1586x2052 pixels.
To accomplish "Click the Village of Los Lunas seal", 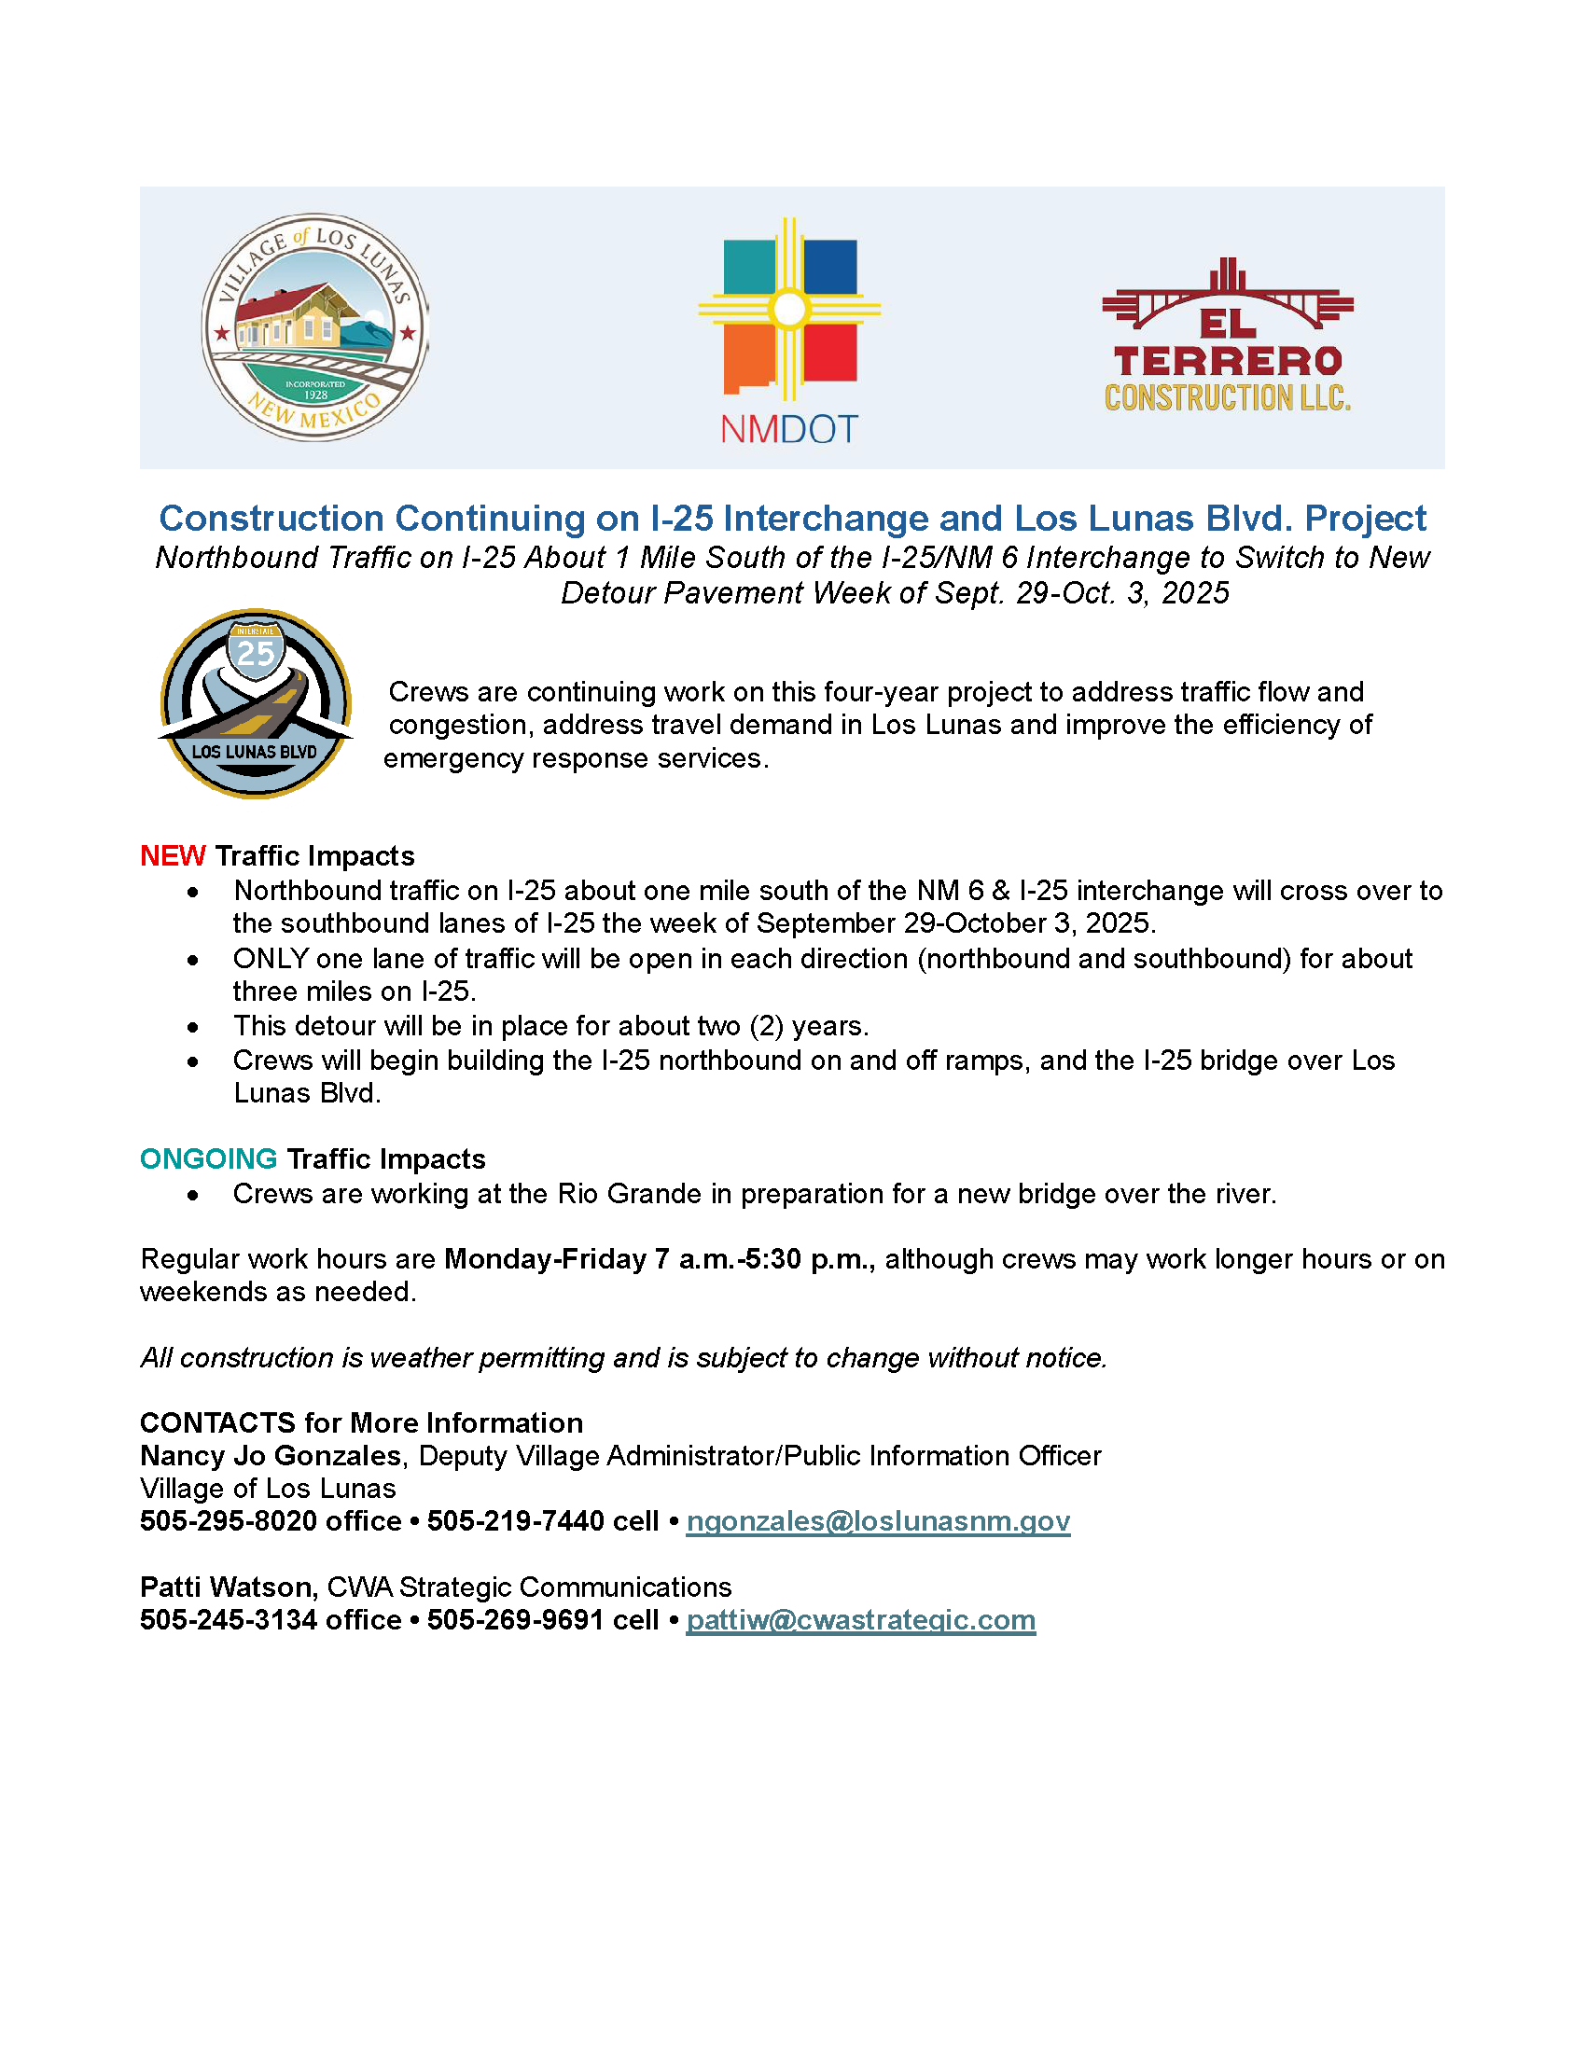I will [314, 327].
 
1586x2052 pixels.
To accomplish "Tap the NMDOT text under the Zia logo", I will [789, 429].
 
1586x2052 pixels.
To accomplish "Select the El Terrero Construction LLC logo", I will [1227, 336].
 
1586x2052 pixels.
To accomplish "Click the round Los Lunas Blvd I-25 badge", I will [256, 703].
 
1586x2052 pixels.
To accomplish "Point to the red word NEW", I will [173, 856].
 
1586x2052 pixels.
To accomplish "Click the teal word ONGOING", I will [209, 1158].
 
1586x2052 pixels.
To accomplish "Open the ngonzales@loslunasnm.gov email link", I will [878, 1521].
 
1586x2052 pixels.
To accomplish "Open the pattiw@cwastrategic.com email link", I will [861, 1620].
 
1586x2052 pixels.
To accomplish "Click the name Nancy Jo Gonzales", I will [271, 1455].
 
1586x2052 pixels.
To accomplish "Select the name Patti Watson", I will [227, 1587].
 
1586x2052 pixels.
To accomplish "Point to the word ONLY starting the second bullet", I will [271, 958].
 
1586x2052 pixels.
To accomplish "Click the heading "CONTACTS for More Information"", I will [362, 1422].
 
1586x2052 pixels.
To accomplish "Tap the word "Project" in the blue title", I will [1365, 519].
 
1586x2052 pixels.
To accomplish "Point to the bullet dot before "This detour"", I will [192, 1027].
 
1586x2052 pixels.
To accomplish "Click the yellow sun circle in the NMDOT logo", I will [789, 308].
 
